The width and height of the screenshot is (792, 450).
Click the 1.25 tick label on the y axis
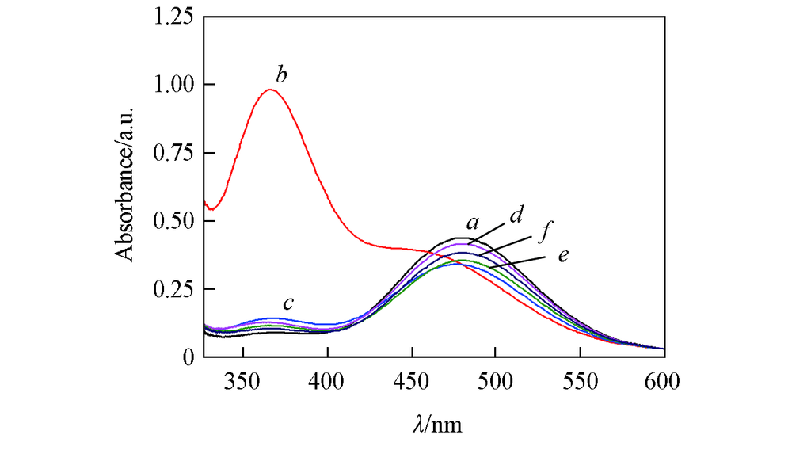click(x=173, y=17)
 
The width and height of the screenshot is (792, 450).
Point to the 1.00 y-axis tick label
click(x=173, y=85)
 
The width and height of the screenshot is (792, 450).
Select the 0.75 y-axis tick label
click(x=173, y=153)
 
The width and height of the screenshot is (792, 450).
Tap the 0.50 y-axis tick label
click(x=173, y=221)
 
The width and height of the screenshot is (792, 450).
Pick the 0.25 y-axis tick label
click(x=173, y=289)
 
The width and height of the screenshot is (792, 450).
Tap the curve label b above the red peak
click(x=281, y=76)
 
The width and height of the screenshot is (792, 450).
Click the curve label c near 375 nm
click(x=289, y=303)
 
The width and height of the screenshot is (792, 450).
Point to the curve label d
click(x=515, y=214)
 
